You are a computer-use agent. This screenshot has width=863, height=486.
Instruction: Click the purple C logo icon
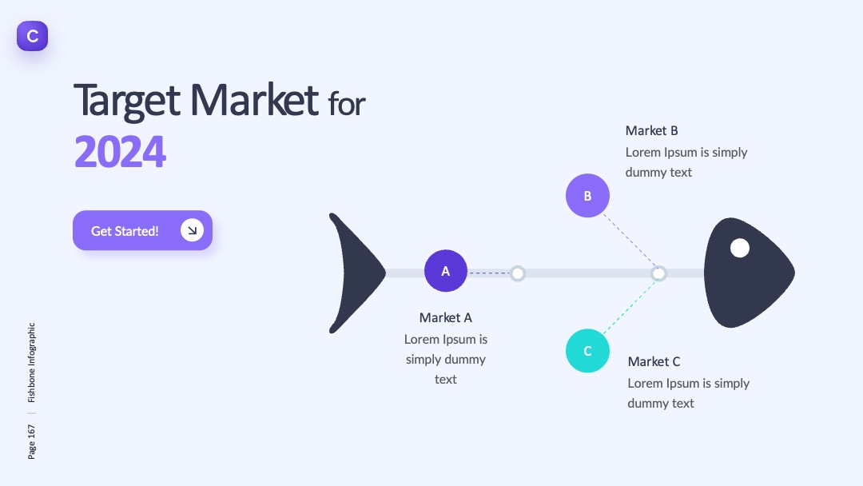click(33, 36)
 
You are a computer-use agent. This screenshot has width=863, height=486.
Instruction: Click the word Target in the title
click(126, 101)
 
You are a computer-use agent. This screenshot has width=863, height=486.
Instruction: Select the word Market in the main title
click(254, 100)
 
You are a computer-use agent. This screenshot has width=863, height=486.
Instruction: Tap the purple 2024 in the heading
click(120, 151)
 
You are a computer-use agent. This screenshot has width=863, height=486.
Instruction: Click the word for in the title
click(347, 103)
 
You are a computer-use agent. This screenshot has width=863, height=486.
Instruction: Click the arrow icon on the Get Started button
click(192, 230)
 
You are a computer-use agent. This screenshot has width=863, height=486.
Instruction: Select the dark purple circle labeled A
click(446, 271)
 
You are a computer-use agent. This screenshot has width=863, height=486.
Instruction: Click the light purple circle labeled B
click(587, 195)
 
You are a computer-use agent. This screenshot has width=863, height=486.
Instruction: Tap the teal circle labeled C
click(587, 351)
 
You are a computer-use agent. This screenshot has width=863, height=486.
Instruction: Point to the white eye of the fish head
click(740, 249)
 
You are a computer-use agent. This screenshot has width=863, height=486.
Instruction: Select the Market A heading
click(446, 317)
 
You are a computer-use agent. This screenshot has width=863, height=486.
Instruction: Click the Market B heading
click(652, 130)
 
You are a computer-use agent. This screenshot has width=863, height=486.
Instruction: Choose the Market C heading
click(654, 361)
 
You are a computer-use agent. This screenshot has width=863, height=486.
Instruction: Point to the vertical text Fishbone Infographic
click(31, 362)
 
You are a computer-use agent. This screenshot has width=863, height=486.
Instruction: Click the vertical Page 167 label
click(31, 441)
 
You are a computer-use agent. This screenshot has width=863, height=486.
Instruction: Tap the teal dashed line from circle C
click(630, 307)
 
